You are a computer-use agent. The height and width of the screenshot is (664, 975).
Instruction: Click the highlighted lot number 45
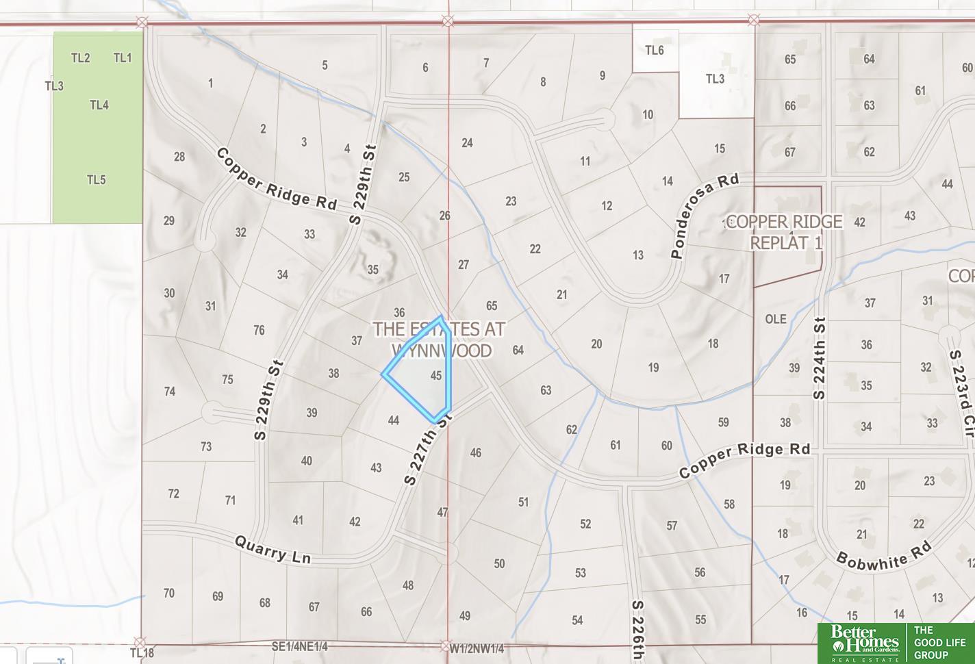(436, 375)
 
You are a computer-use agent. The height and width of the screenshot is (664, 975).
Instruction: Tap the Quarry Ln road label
(273, 550)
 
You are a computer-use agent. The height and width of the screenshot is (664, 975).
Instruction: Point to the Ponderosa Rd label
(705, 216)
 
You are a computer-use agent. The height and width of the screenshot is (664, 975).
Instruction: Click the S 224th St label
(820, 358)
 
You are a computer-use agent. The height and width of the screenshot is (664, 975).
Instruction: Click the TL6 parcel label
(655, 50)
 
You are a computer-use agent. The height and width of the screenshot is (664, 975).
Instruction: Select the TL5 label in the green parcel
(97, 180)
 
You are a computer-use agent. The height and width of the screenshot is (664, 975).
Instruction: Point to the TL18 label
(143, 653)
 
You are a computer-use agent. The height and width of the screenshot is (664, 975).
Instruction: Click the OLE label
(776, 319)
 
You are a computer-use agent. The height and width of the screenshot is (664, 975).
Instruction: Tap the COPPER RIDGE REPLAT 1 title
(785, 232)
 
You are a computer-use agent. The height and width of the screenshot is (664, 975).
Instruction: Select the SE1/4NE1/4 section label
(300, 646)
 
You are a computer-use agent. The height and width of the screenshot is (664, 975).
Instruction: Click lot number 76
(259, 331)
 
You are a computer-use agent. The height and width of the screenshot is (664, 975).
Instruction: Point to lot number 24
(467, 143)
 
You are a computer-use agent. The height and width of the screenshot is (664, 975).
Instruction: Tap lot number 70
(169, 593)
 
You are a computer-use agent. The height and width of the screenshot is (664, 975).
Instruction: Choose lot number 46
(476, 452)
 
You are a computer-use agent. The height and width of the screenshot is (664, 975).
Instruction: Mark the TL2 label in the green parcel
(81, 58)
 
